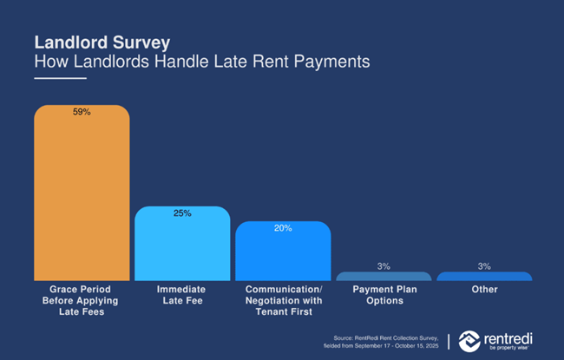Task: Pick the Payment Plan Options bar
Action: (x=384, y=277)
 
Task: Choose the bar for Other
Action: (x=484, y=277)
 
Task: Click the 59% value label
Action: (x=82, y=113)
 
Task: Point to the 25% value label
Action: (x=182, y=213)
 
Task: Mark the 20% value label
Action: (x=283, y=228)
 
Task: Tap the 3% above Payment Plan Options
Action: (x=384, y=265)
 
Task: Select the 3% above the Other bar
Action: (x=484, y=265)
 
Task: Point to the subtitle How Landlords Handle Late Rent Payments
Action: (x=201, y=62)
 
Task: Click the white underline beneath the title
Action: (x=60, y=78)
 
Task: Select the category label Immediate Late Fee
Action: (x=182, y=294)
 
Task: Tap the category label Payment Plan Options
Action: (x=384, y=294)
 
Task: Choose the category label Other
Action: (x=484, y=289)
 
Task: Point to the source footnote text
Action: (x=386, y=341)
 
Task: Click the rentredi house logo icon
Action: (x=469, y=340)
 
